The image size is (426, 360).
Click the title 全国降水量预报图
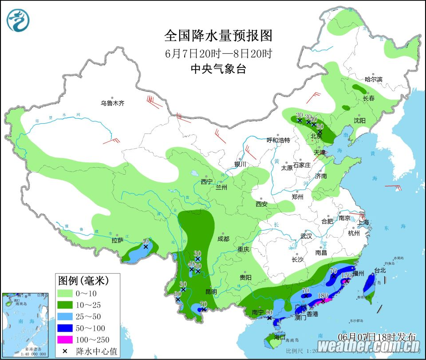218,35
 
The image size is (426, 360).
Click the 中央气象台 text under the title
218,69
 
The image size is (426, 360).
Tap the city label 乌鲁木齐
112,103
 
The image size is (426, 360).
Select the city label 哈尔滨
373,79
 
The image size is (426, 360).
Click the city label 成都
223,239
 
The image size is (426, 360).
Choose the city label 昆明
211,292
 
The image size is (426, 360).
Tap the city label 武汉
306,236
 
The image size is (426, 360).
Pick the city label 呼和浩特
278,140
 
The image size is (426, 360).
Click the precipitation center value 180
323,296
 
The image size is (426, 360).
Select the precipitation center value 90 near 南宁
269,313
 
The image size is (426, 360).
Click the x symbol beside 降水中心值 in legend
65,351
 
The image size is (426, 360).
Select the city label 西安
261,204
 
